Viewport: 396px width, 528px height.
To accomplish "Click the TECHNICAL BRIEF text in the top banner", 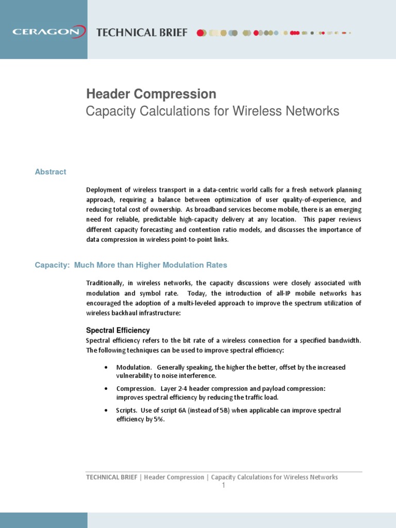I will point(142,32).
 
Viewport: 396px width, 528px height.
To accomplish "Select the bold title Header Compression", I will point(151,94).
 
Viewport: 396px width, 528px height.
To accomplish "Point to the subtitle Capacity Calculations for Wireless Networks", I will point(212,111).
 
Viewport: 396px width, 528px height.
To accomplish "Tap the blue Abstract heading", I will point(51,172).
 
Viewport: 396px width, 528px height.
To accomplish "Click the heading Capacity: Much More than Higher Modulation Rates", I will point(131,265).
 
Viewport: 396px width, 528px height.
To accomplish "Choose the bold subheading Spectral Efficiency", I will point(118,330).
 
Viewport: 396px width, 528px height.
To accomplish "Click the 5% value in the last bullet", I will point(158,419).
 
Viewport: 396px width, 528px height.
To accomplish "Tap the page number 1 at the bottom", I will point(224,486).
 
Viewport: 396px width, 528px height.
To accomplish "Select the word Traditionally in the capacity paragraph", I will point(105,283).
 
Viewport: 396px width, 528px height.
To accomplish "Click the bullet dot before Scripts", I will point(106,410).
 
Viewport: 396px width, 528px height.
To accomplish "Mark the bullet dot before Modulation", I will point(106,367).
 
